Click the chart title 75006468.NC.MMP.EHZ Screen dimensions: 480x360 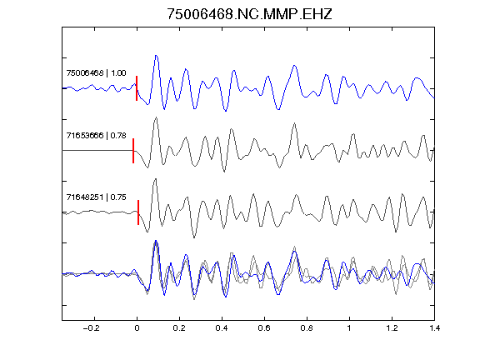tap(249, 14)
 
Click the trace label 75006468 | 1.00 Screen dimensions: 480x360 tap(96, 73)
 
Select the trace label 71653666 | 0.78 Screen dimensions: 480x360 tap(96, 135)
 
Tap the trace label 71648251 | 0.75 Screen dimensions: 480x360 tap(96, 197)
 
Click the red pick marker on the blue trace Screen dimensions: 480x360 tap(137, 88)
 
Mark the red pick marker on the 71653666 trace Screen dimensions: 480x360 tap(133, 151)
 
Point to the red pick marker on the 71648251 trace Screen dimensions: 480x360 tap(138, 212)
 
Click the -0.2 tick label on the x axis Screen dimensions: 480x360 tap(91, 328)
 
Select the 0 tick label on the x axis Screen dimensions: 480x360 tap(137, 328)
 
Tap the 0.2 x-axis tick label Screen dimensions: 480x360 tap(179, 328)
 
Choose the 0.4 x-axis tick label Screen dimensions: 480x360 tap(222, 328)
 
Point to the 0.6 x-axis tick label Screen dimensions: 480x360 tap(264, 328)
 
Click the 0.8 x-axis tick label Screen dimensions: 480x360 tap(307, 328)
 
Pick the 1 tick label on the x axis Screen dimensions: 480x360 tap(349, 328)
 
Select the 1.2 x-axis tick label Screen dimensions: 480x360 tap(392, 328)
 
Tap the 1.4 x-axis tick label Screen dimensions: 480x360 tap(434, 328)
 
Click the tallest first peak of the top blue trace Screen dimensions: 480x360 tap(156, 56)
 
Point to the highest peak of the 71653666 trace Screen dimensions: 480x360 tap(156, 117)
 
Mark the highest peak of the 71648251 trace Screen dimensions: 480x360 tap(156, 179)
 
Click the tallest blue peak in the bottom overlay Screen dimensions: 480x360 tap(156, 241)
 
